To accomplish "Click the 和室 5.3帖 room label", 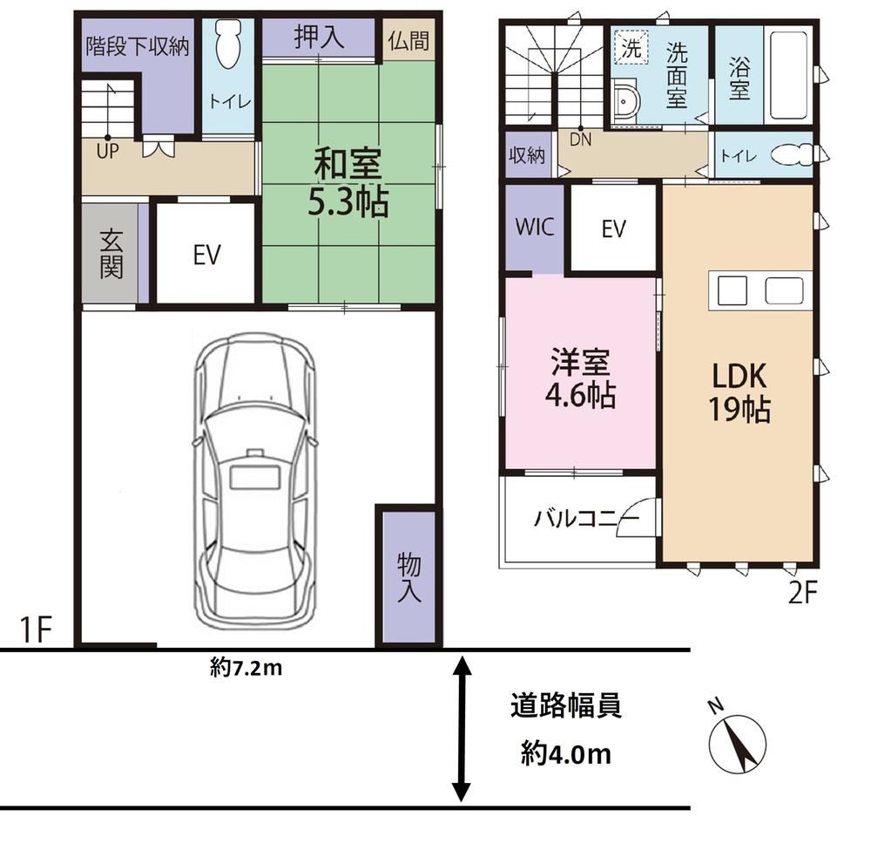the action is point(348,182).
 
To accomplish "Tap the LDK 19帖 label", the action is point(739,393).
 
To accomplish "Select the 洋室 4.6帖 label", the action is point(580,378).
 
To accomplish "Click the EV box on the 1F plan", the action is point(206,254).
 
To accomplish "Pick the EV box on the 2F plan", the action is point(613,228).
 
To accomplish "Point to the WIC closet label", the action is point(535,227).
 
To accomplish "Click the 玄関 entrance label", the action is point(111,254).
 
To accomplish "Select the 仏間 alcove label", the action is point(408,40).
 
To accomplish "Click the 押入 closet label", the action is point(319,37).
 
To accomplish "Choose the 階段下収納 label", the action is point(138,46).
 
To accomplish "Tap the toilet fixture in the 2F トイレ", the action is point(792,154).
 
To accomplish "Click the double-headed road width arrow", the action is point(462,729).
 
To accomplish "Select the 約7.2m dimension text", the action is point(246,667).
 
